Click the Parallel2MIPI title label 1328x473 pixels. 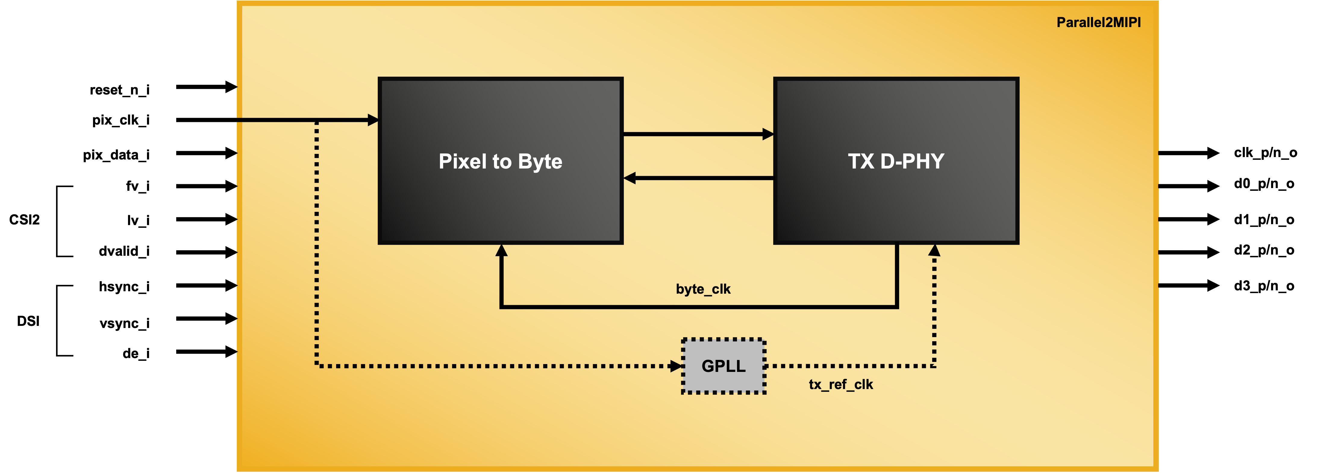(1098, 23)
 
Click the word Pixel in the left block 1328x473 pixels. (462, 161)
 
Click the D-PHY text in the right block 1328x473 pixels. (912, 161)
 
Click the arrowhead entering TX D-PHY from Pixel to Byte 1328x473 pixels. (768, 134)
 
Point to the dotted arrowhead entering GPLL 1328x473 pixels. (676, 366)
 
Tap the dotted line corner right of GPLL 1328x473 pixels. (934, 366)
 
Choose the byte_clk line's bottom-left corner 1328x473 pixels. (501, 307)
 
